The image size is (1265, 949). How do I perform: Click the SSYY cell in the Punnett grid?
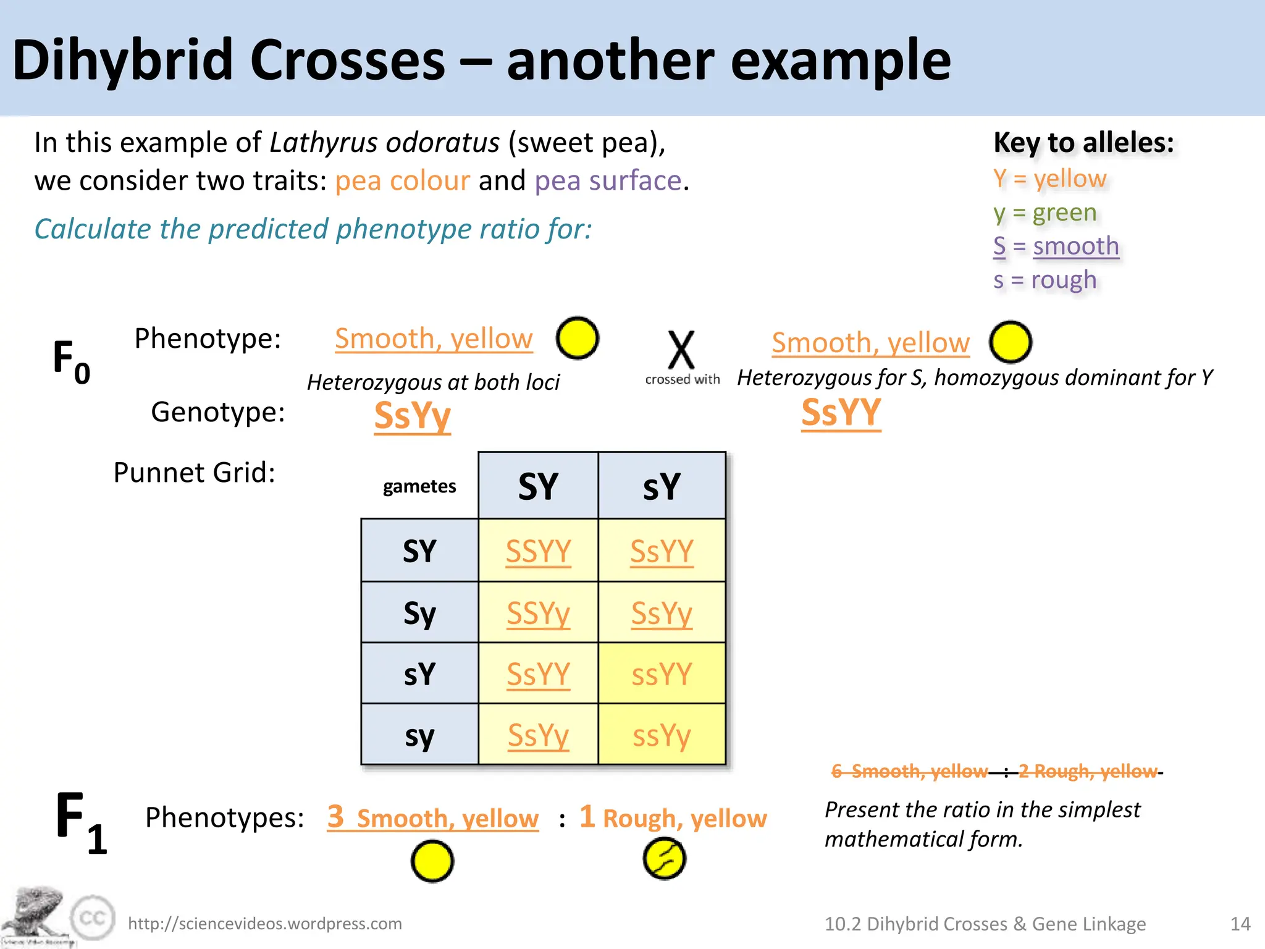point(538,550)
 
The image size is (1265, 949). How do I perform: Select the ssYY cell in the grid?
point(662,673)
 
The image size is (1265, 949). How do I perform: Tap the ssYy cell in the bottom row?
point(662,735)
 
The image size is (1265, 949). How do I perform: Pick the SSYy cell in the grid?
point(538,613)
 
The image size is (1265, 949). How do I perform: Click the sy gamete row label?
point(419,735)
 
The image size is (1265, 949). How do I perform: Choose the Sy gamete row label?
point(419,613)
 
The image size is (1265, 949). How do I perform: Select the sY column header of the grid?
point(662,486)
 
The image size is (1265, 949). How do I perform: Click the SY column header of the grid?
point(538,486)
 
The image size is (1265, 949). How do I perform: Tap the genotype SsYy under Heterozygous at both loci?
point(413,415)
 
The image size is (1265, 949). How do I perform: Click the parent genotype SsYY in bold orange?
point(841,413)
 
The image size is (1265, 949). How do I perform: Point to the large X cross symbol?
point(681,350)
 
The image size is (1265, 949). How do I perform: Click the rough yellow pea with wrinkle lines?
point(664,859)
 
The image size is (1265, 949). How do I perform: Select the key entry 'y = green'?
point(1044,213)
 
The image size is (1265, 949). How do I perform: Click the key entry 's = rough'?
point(1044,280)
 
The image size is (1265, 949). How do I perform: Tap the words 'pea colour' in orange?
point(402,181)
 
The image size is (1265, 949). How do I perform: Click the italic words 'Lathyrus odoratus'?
point(384,143)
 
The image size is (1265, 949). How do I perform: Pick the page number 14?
point(1240,924)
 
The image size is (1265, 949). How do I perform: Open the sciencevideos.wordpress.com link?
point(265,924)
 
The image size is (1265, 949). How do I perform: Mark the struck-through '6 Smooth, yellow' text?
point(909,771)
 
